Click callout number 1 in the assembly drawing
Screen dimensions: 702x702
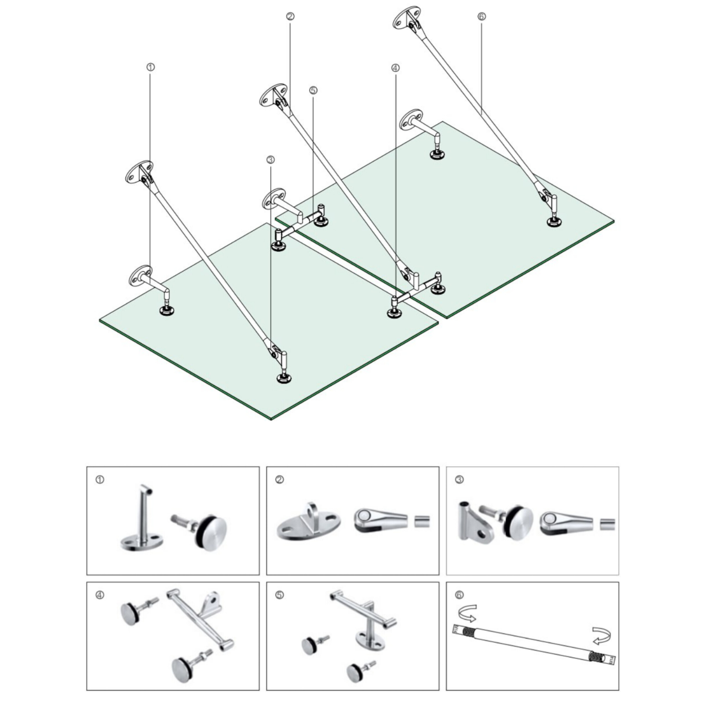pyautogui.click(x=150, y=67)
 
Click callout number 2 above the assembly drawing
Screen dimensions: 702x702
pyautogui.click(x=290, y=16)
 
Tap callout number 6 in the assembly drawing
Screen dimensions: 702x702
pyautogui.click(x=482, y=16)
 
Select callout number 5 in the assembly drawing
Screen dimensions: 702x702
pyautogui.click(x=314, y=90)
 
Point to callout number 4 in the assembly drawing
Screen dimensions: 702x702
pyautogui.click(x=395, y=68)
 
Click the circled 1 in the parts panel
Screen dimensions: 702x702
pyautogui.click(x=100, y=480)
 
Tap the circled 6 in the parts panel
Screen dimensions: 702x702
pyautogui.click(x=459, y=595)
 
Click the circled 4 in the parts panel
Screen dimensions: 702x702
pyautogui.click(x=100, y=595)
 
